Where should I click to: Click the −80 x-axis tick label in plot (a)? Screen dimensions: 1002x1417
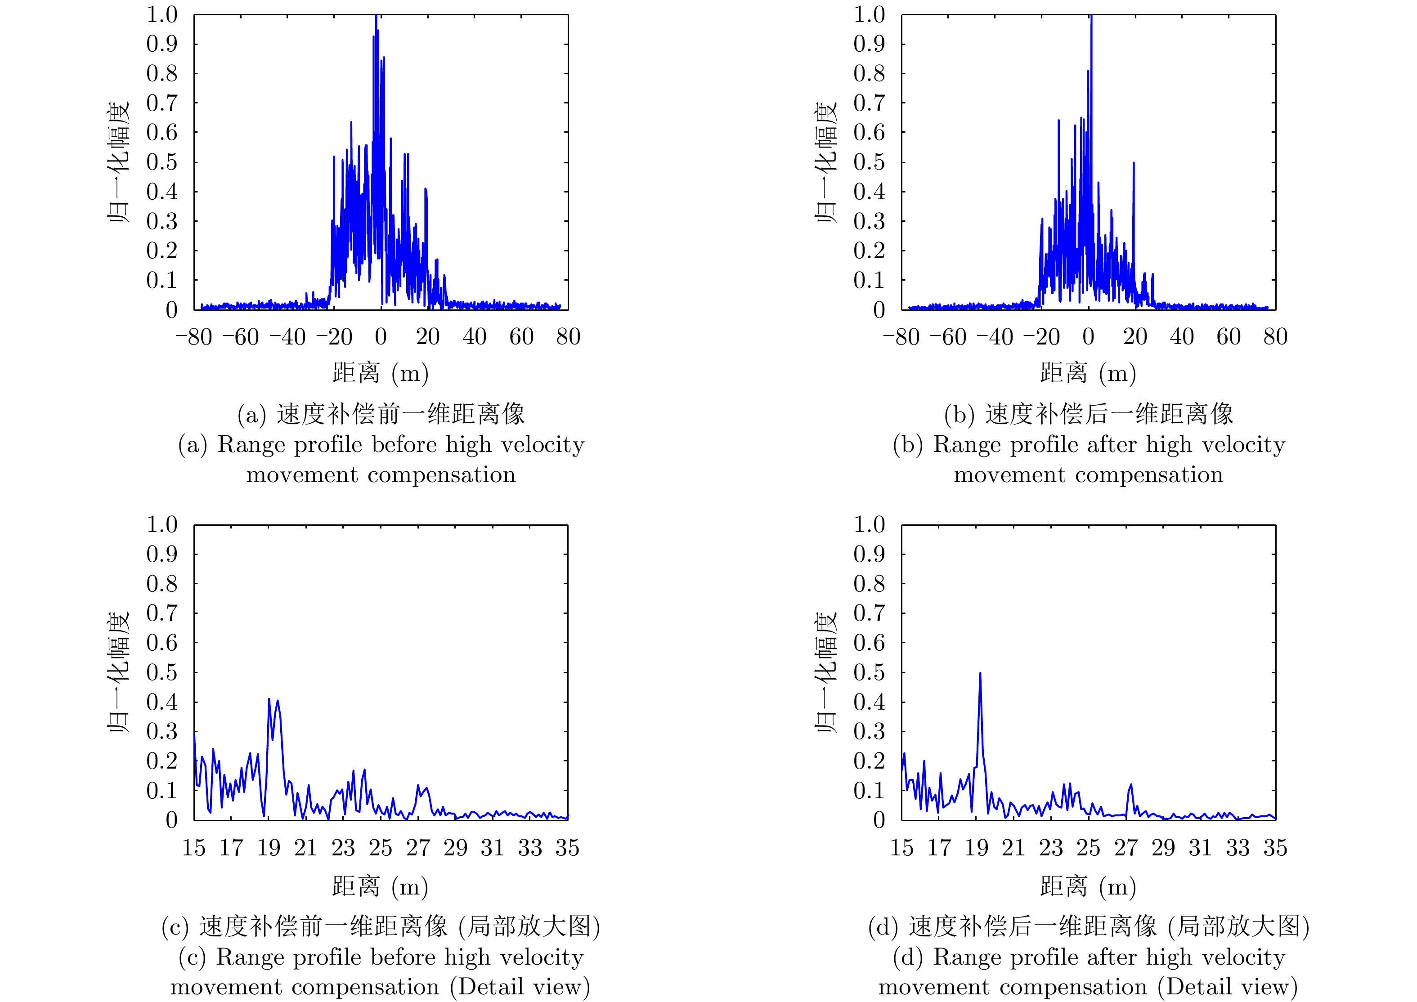point(194,337)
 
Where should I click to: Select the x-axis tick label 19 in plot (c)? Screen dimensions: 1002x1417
point(269,848)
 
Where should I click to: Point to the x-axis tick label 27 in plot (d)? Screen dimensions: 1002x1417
point(1126,848)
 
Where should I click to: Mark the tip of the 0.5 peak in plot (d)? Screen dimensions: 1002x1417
point(980,673)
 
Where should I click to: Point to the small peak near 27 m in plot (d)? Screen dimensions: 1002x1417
point(1130,785)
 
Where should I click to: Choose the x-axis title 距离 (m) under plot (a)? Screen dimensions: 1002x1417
point(380,373)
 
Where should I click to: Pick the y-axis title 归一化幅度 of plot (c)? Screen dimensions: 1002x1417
point(118,672)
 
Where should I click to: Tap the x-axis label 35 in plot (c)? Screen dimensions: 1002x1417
point(567,848)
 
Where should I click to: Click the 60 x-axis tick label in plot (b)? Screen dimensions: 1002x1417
point(1228,337)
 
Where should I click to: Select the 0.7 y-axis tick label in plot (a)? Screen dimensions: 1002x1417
point(161,103)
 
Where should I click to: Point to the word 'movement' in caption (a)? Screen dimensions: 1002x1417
point(302,474)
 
